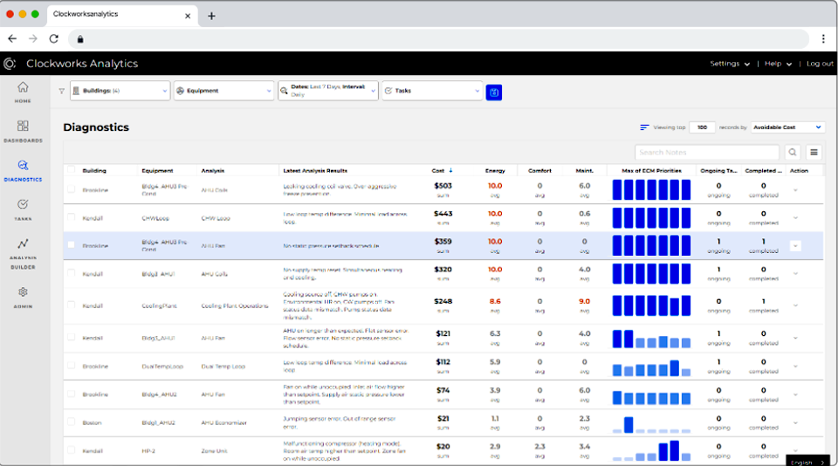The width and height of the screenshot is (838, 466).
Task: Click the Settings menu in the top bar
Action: (x=729, y=64)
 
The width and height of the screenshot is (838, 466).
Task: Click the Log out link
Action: (x=819, y=64)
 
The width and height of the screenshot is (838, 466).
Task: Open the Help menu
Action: (x=778, y=64)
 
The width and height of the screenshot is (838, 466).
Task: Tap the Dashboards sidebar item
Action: (x=23, y=130)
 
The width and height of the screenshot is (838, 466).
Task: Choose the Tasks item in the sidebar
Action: (x=23, y=209)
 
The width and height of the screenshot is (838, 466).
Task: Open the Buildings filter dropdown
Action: (x=120, y=91)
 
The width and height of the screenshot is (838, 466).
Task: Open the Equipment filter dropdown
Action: (x=223, y=91)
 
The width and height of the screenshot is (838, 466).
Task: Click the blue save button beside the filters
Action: (x=494, y=92)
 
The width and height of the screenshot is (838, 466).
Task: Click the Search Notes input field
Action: (x=707, y=152)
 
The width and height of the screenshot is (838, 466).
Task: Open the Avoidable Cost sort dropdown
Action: (x=787, y=127)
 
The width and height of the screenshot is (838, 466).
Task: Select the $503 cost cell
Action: (x=443, y=186)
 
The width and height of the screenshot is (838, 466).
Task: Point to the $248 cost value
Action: (x=443, y=301)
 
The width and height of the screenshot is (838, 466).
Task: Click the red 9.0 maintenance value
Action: (x=584, y=301)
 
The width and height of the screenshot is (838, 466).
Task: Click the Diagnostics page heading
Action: (x=96, y=127)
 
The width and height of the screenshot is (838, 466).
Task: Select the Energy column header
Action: (x=495, y=170)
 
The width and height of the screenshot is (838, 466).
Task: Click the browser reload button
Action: (x=54, y=38)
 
